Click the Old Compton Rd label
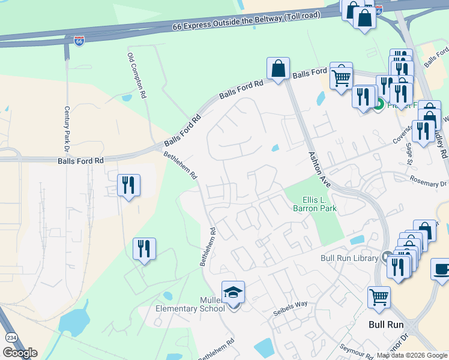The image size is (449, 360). (136, 75)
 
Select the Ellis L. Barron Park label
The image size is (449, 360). (315, 204)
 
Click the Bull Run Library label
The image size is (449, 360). (349, 258)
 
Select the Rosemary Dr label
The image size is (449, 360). (429, 181)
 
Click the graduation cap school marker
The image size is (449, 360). (233, 292)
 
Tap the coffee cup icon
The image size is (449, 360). (442, 269)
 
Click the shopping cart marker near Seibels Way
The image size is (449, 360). (379, 297)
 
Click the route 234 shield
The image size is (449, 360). (11, 338)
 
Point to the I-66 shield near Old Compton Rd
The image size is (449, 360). (79, 41)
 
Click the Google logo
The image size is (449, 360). (20, 353)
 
